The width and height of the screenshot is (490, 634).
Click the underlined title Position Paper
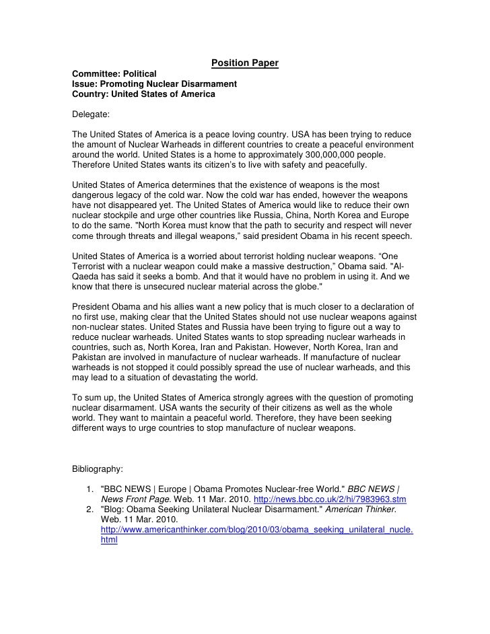click(245, 64)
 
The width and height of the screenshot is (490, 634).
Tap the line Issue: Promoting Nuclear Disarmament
click(154, 84)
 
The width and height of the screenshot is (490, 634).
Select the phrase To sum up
click(95, 398)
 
